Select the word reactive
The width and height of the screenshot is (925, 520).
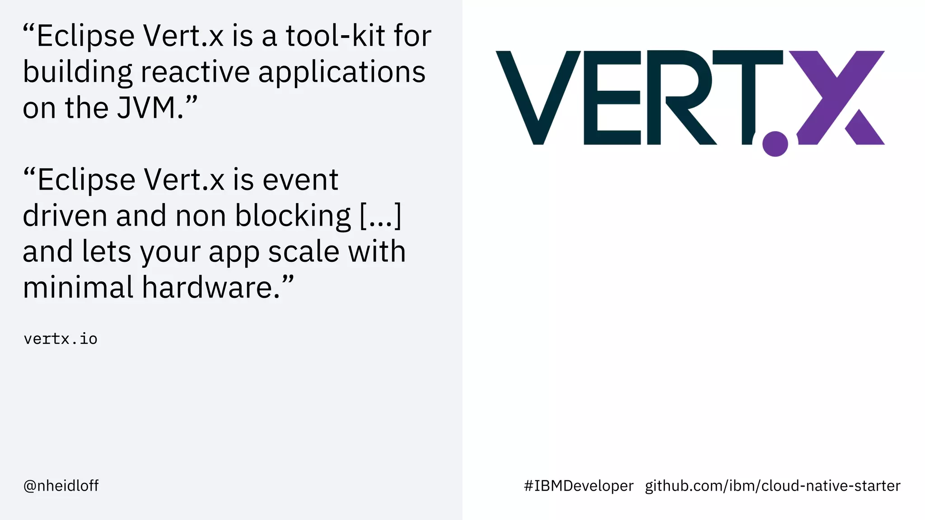click(x=195, y=72)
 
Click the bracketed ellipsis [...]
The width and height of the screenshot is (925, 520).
click(x=380, y=216)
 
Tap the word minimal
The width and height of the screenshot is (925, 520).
click(x=78, y=288)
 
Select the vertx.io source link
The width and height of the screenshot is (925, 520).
click(x=61, y=339)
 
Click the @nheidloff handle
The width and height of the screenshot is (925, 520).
click(x=61, y=486)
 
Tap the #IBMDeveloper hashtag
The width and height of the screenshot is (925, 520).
click(x=579, y=486)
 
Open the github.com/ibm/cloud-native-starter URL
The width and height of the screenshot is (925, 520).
click(x=772, y=486)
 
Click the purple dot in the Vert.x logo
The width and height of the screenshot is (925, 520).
click(x=775, y=144)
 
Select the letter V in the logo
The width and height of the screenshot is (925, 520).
click(x=537, y=97)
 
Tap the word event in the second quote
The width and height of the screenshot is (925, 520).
click(x=300, y=180)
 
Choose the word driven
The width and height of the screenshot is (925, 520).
click(x=65, y=216)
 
